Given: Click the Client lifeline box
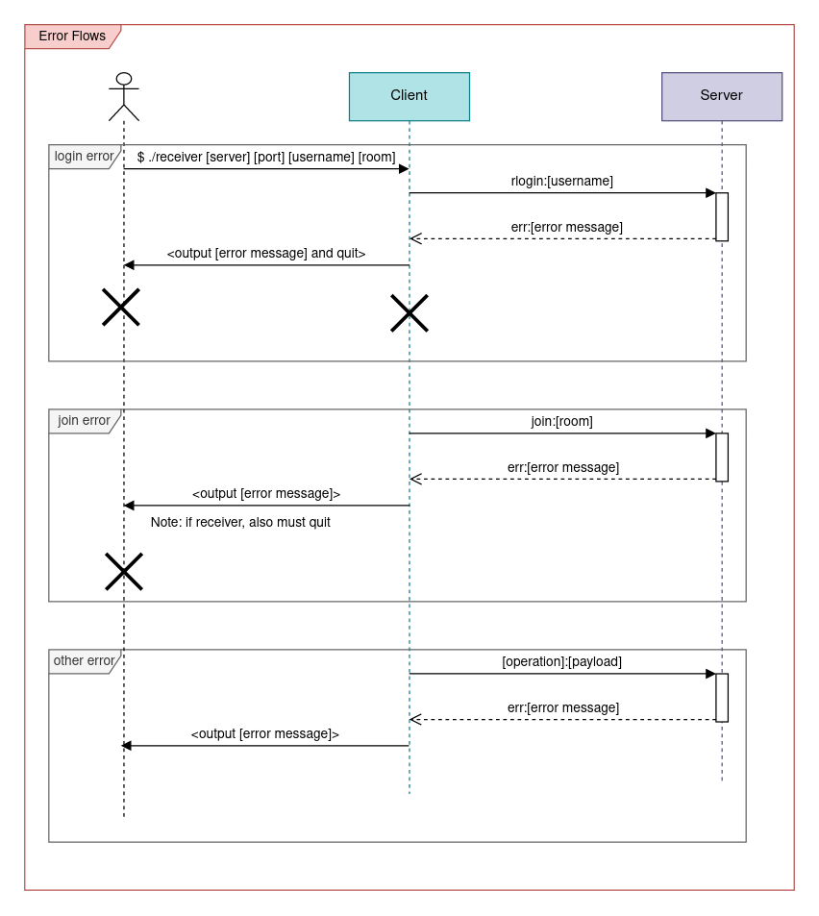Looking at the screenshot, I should pyautogui.click(x=409, y=96).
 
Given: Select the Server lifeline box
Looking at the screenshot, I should pyautogui.click(x=721, y=96).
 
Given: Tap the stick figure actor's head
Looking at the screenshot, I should pyautogui.click(x=124, y=79).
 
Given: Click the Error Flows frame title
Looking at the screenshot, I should pyautogui.click(x=72, y=37).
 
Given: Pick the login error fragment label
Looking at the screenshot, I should pyautogui.click(x=84, y=157).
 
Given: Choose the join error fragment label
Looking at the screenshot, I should pyautogui.click(x=84, y=421).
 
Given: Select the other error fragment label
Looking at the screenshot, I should pyautogui.click(x=84, y=661).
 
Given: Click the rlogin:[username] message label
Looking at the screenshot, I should pyautogui.click(x=561, y=181).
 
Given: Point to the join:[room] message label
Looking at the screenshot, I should pyautogui.click(x=561, y=421).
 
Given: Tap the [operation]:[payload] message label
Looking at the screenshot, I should pyautogui.click(x=561, y=661).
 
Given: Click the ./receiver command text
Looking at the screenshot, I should pyautogui.click(x=266, y=157).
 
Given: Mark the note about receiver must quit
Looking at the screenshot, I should pyautogui.click(x=240, y=522).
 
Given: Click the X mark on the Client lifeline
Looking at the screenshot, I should pyautogui.click(x=409, y=313).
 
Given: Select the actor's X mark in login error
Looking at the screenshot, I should pyautogui.click(x=121, y=308).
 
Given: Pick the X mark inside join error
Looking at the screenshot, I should pyautogui.click(x=124, y=571).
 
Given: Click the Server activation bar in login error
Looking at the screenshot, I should pyautogui.click(x=722, y=216).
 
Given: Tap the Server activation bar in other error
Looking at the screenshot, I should pyautogui.click(x=722, y=697).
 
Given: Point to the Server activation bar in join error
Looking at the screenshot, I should pyautogui.click(x=722, y=457).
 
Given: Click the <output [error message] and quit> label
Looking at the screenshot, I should pyautogui.click(x=266, y=254).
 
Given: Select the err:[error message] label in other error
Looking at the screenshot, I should pyautogui.click(x=563, y=707).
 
